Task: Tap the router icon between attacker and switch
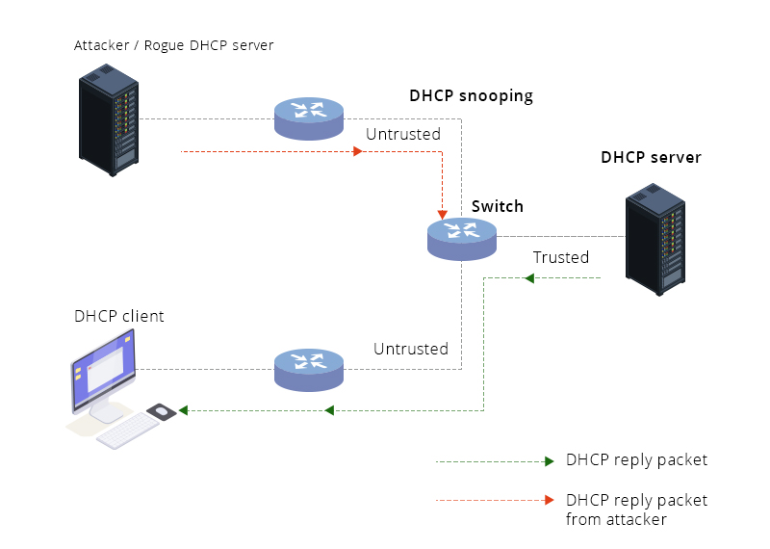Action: [308, 118]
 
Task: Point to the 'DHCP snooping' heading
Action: [471, 95]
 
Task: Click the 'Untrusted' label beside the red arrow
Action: [403, 134]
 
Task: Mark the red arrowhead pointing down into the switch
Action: [442, 213]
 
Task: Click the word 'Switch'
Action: [498, 206]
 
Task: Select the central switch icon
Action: [462, 237]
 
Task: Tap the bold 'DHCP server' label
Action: [651, 157]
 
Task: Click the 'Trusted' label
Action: [561, 257]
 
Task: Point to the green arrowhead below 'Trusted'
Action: [528, 278]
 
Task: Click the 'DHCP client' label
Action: [118, 316]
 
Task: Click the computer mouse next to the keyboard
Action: [161, 411]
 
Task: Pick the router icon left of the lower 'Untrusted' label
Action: [308, 369]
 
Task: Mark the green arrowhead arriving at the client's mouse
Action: [184, 411]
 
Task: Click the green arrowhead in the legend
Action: [548, 461]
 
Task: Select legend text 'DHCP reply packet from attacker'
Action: [636, 510]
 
